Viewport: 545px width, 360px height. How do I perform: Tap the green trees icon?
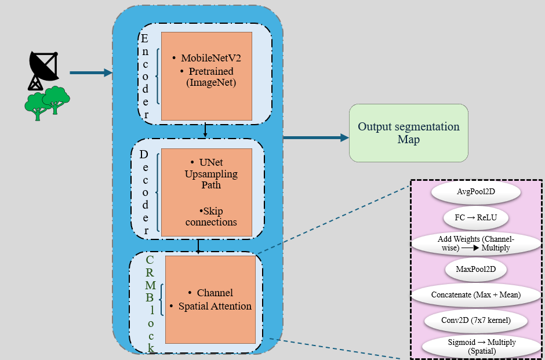pyautogui.click(x=48, y=103)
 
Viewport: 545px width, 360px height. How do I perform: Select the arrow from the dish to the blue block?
pyautogui.click(x=91, y=72)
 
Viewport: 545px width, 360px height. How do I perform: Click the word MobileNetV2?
pyautogui.click(x=211, y=58)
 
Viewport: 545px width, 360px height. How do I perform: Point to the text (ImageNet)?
pyautogui.click(x=211, y=83)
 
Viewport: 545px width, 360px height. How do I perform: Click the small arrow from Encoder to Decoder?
pyautogui.click(x=205, y=130)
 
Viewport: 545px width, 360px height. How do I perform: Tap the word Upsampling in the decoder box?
pyautogui.click(x=211, y=174)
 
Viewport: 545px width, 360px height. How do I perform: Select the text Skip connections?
pyautogui.click(x=211, y=216)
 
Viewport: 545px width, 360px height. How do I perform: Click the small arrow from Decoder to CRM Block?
pyautogui.click(x=198, y=246)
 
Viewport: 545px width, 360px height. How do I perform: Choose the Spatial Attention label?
pyautogui.click(x=215, y=306)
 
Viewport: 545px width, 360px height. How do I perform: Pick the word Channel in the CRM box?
pyautogui.click(x=215, y=293)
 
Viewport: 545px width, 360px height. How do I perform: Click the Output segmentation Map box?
pyautogui.click(x=408, y=133)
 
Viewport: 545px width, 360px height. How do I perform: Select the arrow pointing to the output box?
pyautogui.click(x=316, y=137)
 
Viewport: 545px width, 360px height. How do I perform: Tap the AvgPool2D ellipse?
pyautogui.click(x=476, y=191)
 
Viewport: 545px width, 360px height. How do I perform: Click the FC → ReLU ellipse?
pyautogui.click(x=476, y=217)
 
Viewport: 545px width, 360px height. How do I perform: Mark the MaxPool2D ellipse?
pyautogui.click(x=476, y=269)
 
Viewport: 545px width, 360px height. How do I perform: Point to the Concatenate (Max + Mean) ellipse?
pyautogui.click(x=476, y=294)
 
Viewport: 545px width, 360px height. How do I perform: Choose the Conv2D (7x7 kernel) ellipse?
pyautogui.click(x=476, y=320)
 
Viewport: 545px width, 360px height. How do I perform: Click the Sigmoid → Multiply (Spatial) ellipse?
pyautogui.click(x=481, y=347)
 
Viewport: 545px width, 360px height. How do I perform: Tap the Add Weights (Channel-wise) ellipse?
pyautogui.click(x=476, y=243)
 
